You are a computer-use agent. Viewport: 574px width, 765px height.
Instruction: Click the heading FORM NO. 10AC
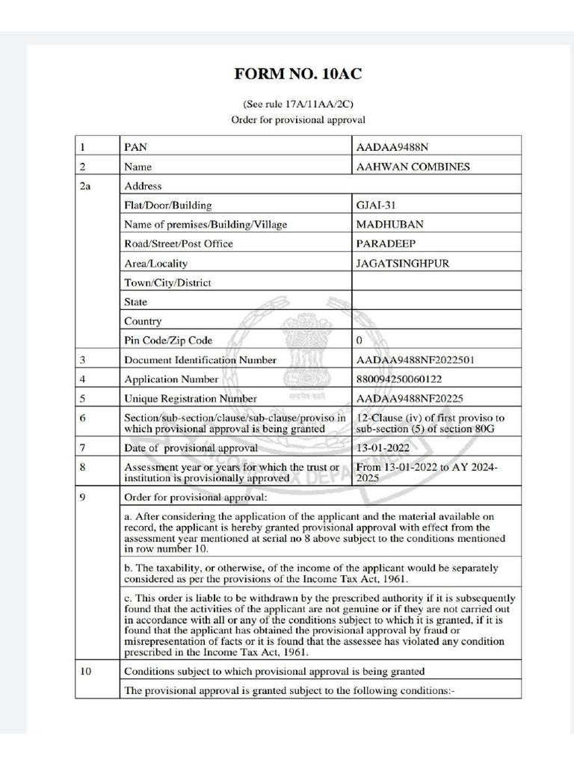[x=298, y=73]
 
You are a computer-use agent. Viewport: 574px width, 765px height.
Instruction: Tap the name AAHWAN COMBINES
[x=413, y=167]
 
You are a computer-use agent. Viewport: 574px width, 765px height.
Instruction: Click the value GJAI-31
[x=377, y=205]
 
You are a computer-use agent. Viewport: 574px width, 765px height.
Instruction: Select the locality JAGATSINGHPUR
[x=403, y=263]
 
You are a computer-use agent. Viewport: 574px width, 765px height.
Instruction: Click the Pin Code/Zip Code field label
[x=168, y=341]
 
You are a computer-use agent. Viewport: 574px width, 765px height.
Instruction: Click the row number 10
[x=85, y=671]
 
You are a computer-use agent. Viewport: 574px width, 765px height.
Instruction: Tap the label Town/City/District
[x=167, y=283]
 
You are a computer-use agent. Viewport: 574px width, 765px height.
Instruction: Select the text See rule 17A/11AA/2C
[x=297, y=104]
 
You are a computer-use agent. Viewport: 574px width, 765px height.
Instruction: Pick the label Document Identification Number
[x=200, y=360]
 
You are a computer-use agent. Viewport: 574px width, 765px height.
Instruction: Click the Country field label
[x=143, y=321]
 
